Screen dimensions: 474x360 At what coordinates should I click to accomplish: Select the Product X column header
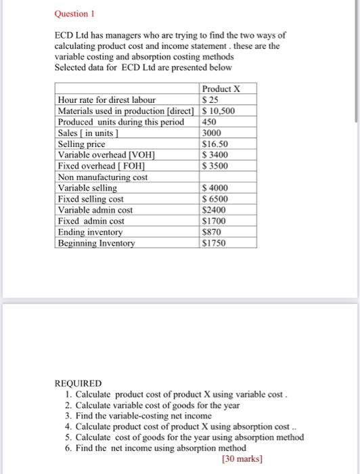(x=221, y=89)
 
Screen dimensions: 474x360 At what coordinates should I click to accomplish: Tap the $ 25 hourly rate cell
(x=210, y=100)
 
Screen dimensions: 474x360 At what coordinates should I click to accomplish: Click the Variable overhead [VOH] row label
(x=99, y=155)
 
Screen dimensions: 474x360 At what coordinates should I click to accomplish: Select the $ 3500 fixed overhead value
(x=216, y=166)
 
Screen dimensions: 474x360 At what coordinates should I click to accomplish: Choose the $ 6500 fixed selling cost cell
(x=216, y=199)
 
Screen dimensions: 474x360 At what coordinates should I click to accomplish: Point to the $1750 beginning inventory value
(x=215, y=243)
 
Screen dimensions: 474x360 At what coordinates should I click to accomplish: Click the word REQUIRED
(x=77, y=383)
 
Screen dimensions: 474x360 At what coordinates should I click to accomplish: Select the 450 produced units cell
(x=211, y=122)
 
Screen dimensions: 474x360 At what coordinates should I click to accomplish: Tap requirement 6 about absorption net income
(x=160, y=448)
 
